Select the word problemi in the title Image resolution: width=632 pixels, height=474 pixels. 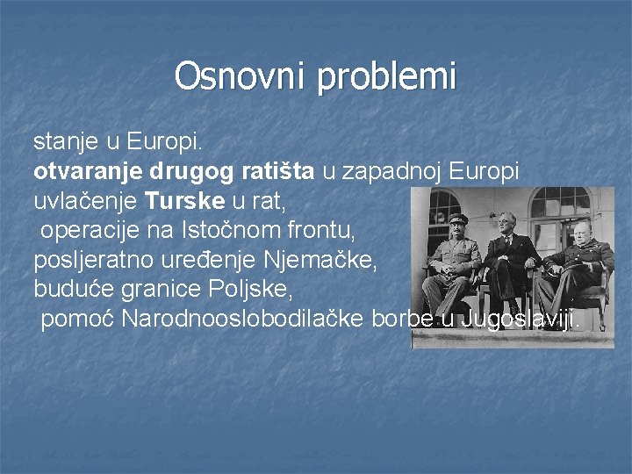(387, 78)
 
